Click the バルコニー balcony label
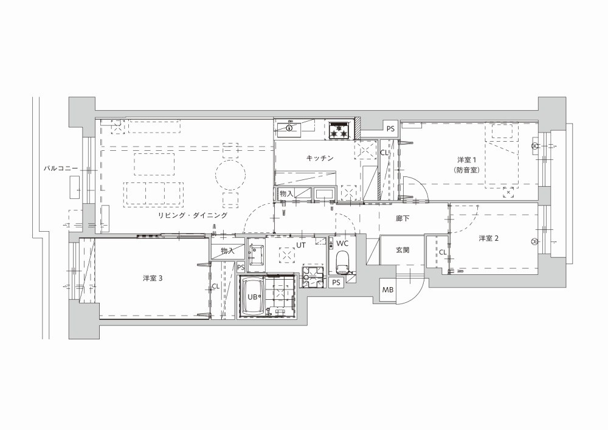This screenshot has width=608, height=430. coord(60,168)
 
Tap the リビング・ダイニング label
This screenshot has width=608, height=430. coord(192,215)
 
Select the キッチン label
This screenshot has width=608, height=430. coord(320,158)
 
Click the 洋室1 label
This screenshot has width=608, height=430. coord(466,159)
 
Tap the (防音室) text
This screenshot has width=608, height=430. coord(466,170)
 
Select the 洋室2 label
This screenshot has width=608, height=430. coord(488,238)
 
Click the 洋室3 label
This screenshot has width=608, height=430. coord(153,279)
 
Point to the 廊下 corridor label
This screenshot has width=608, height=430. coord(402,218)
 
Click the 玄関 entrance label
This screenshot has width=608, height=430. coord(402,250)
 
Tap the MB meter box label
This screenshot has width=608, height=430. coord(388,290)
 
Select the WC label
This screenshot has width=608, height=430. coord(342,243)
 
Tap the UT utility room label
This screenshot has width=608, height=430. coord(301,245)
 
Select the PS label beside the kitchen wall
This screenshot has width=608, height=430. coord(390,128)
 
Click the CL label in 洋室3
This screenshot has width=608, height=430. coord(216,286)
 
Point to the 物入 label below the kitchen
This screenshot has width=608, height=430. coord(286,193)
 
